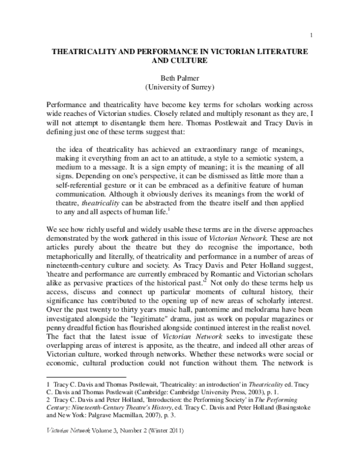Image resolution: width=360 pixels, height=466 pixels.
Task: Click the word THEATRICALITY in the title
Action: point(88,52)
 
